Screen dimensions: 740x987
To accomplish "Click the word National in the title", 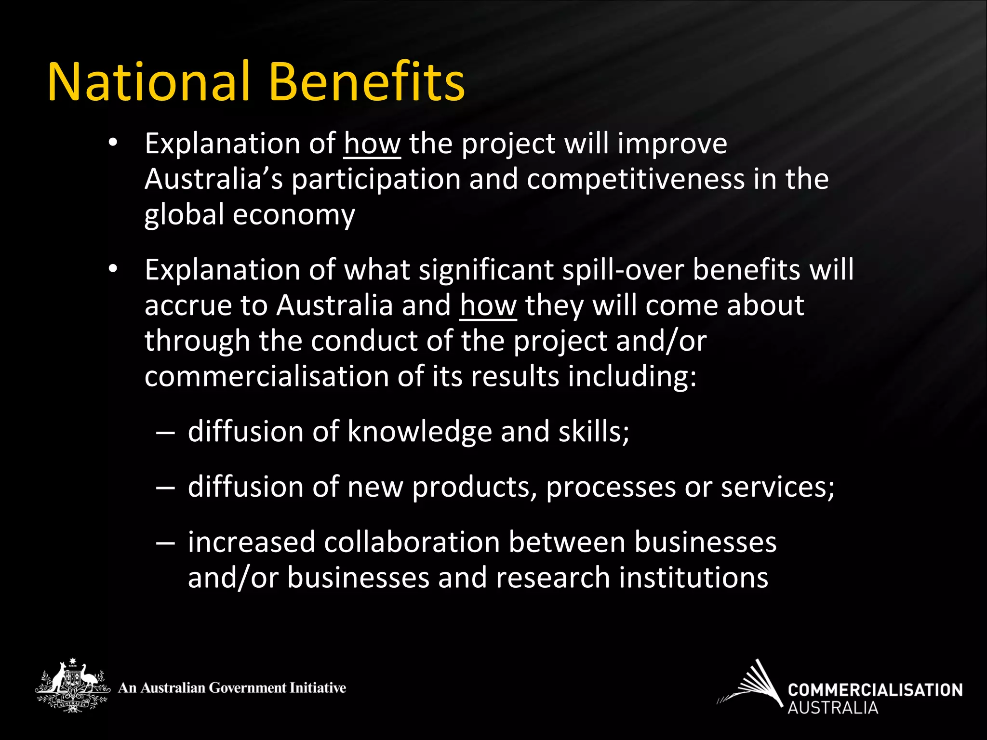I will (148, 82).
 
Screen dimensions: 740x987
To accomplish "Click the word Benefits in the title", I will (366, 82).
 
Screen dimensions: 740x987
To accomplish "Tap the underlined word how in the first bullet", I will (372, 144).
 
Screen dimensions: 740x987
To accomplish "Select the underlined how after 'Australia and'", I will (488, 306).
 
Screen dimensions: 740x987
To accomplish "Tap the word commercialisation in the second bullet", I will (267, 377).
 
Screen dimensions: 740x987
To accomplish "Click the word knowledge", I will (419, 432).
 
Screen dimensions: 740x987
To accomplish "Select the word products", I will (474, 488).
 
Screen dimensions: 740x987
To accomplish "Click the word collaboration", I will (412, 542).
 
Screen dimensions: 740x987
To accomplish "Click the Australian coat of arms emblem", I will (72, 685).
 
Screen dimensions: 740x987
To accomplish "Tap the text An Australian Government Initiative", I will (232, 688).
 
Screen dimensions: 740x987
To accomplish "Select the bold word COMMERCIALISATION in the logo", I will (875, 690).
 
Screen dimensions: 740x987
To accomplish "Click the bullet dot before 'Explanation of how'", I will (113, 143).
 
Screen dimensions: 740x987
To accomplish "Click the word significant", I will (486, 270).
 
